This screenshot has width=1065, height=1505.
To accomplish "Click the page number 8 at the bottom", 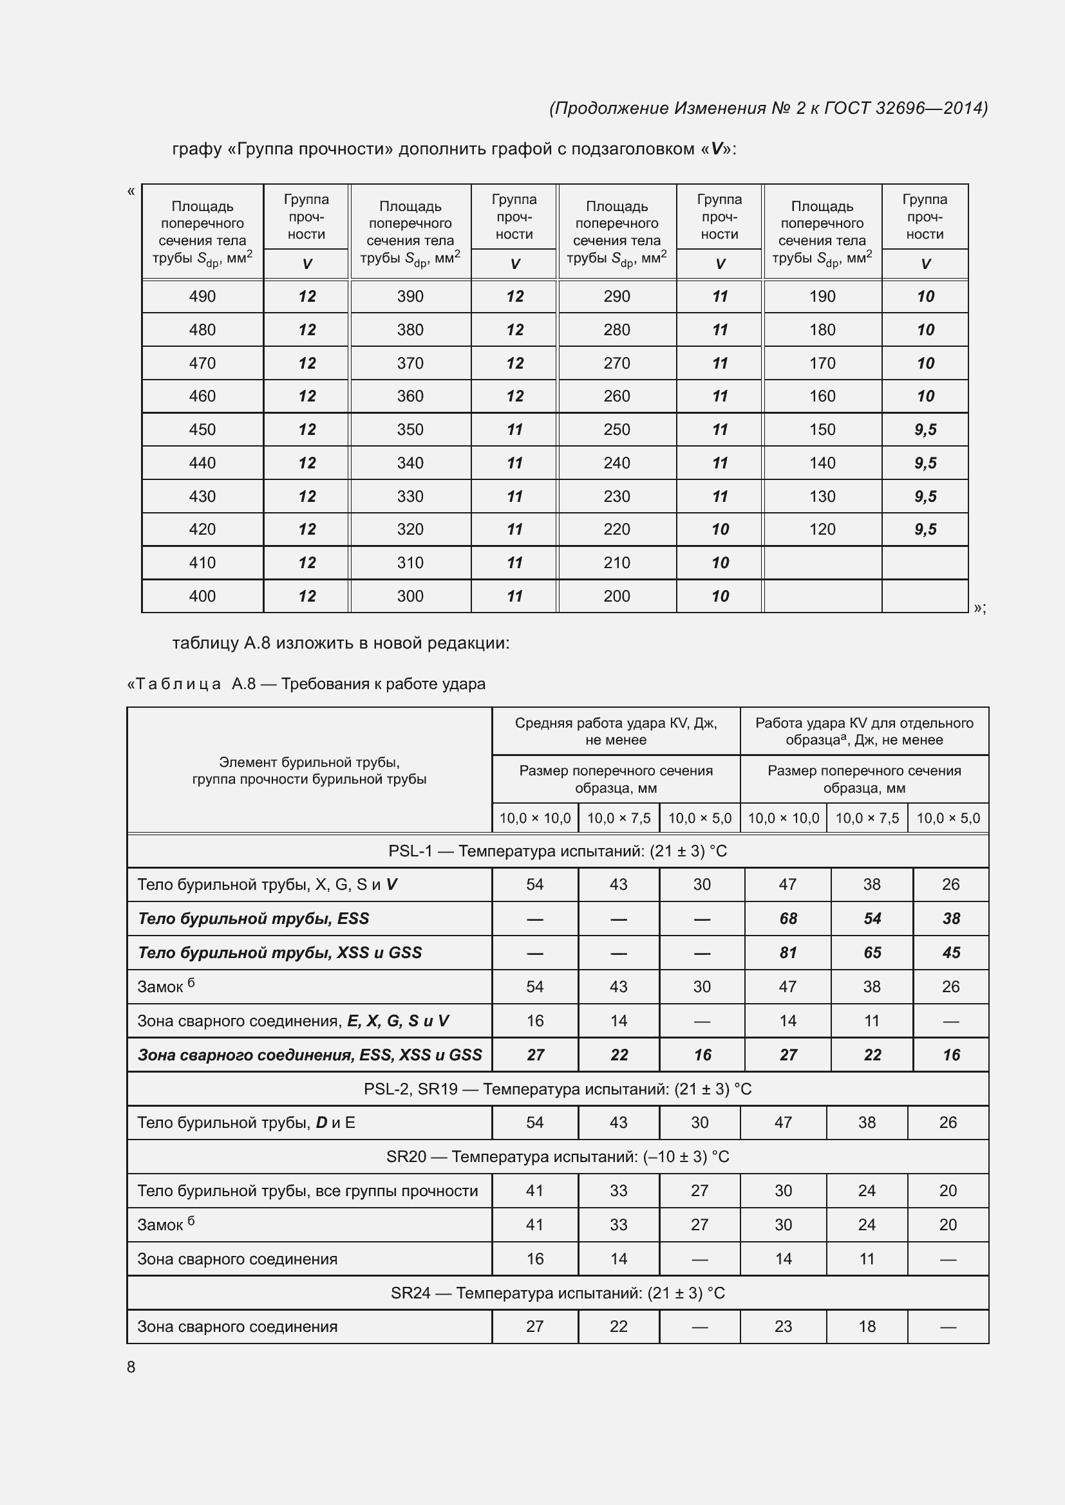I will point(131,1367).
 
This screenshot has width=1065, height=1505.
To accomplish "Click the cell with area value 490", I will point(202,296).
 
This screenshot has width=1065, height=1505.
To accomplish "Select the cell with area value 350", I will point(410,429).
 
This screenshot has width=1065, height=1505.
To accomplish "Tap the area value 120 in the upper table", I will point(822,529).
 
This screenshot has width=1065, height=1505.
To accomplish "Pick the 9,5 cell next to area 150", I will point(925,429).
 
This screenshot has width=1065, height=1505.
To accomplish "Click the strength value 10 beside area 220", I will point(719,529).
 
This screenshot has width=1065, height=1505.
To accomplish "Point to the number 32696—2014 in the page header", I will point(930,108).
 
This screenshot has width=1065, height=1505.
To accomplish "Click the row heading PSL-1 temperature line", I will point(558,851).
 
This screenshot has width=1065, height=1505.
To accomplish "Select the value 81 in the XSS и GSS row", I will point(787,952).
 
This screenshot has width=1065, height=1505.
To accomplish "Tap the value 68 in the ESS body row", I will point(787,918).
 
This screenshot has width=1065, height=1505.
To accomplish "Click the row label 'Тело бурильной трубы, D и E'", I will point(246,1122).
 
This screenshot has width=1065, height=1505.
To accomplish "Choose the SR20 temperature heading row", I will point(558,1156).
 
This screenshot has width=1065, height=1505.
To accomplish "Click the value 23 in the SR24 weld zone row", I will point(783,1326).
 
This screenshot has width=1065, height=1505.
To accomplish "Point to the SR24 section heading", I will point(558,1293).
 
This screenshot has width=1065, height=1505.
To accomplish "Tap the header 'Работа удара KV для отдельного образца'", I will point(863,731).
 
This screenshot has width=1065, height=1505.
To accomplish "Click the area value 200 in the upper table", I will point(616,596).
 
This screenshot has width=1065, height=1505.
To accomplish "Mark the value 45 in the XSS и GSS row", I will point(950,952).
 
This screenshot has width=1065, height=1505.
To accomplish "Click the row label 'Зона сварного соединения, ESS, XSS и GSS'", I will point(310,1055).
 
